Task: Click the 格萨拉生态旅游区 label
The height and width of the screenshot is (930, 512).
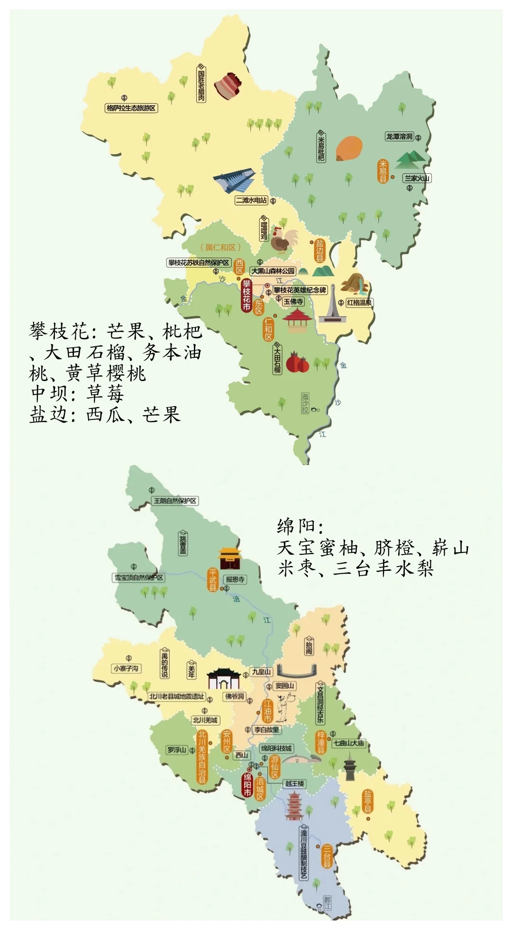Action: click(131, 108)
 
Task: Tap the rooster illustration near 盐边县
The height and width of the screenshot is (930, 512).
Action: click(283, 240)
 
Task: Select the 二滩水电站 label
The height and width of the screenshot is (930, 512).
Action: click(251, 200)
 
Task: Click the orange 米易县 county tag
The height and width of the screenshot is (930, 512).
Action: click(383, 171)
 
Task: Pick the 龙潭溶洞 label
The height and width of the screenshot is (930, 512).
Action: click(399, 137)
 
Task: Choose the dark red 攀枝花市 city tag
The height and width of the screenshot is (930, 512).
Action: click(247, 295)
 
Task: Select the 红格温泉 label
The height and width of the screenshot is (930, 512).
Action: click(359, 302)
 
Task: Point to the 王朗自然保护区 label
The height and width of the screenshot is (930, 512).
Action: click(175, 501)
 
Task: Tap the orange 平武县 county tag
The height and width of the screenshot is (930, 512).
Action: click(213, 580)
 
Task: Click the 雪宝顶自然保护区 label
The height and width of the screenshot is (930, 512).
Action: click(139, 577)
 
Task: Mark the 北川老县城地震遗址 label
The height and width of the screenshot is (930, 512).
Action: click(176, 696)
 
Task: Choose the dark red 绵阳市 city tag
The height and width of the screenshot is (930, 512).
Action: click(247, 785)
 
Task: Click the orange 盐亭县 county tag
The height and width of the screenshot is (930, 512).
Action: click(368, 801)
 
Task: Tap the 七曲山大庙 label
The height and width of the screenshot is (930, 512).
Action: click(348, 743)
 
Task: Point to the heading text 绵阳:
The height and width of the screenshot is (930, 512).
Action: click(300, 526)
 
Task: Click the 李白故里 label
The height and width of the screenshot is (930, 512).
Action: click(267, 730)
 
